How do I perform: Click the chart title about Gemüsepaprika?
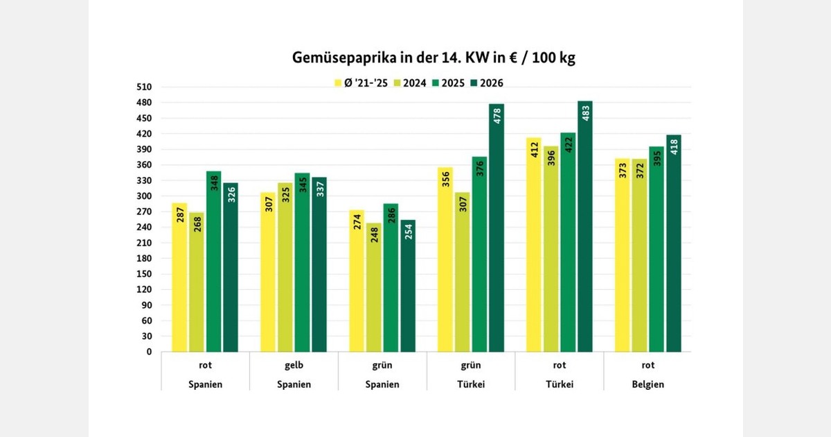tap(434, 58)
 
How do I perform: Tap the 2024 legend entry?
tap(409, 83)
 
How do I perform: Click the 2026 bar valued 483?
tap(585, 229)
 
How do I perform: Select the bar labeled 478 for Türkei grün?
tap(497, 229)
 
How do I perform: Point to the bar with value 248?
tap(374, 288)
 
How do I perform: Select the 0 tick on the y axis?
tap(148, 352)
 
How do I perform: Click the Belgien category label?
tap(647, 384)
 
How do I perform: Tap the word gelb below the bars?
tap(294, 365)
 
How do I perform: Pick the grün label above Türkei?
tap(471, 365)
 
